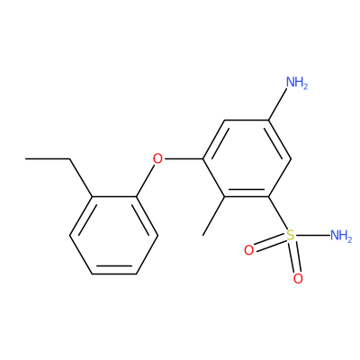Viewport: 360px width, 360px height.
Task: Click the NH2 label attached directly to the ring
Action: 297,82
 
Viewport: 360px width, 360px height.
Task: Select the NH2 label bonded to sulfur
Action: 341,236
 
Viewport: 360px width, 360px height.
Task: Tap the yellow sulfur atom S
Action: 290,235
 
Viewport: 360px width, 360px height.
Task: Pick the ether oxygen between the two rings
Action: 157,158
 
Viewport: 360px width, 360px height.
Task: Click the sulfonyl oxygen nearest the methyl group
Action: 248,250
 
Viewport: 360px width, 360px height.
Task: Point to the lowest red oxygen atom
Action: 298,279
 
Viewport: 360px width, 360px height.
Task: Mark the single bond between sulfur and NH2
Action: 312,235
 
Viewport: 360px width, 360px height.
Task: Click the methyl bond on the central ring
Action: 214,216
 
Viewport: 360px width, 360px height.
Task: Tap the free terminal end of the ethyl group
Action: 26,158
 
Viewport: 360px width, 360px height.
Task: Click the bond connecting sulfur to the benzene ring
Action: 277,213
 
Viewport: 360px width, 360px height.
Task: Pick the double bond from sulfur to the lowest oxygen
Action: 294,257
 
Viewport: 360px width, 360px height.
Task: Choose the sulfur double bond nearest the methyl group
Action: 269,242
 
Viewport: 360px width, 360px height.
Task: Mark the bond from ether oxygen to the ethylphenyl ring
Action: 145,180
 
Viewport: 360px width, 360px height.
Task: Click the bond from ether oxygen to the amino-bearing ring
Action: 184,158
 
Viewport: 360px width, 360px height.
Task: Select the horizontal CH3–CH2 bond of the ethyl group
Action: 48,158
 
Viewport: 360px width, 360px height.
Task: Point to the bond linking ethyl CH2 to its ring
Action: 81,178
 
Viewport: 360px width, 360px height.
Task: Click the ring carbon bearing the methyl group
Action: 225,197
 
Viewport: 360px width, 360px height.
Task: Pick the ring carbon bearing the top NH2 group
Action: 268,121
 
